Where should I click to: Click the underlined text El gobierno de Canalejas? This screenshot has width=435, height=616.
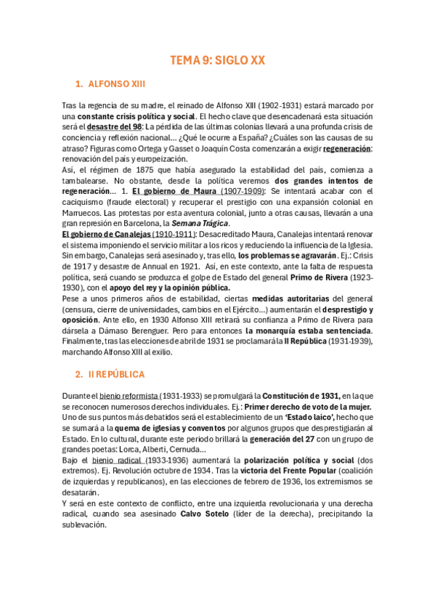pos(106,234)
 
